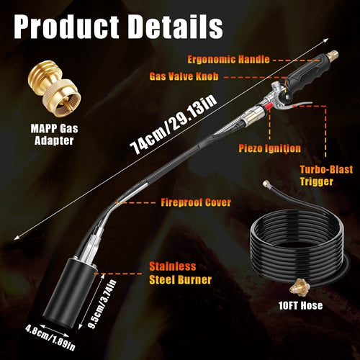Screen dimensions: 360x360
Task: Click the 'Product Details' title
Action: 119,26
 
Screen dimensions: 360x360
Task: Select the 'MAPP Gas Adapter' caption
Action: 54,135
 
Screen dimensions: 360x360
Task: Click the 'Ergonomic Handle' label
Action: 228,60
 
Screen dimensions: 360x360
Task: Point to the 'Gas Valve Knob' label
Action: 184,76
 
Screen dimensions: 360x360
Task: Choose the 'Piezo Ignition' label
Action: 269,148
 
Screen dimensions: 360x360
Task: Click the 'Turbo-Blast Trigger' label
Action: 326,176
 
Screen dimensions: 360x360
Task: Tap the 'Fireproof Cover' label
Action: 196,202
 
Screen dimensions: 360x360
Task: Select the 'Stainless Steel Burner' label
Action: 180,273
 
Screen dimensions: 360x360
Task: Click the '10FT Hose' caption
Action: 300,305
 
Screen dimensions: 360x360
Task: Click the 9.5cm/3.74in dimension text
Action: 102,304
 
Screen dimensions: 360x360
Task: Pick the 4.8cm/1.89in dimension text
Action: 50,337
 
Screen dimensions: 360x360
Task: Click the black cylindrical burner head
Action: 68,293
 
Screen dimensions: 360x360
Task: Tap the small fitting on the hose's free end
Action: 266,184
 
